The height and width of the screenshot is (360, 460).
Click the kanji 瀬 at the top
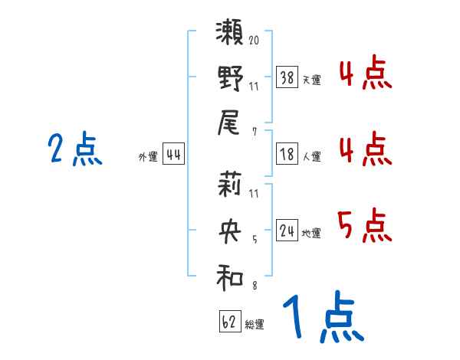pos(231,35)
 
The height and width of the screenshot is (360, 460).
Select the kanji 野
pos(231,78)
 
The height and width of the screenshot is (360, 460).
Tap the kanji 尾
pos(231,123)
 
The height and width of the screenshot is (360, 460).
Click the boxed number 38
pos(287,77)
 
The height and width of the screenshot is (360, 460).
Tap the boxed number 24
pos(287,230)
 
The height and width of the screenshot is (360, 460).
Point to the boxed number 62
pos(229,321)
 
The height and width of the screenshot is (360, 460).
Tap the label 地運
pos(311,233)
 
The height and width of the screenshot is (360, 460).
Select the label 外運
pos(148,157)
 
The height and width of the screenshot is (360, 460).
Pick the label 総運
pos(255,324)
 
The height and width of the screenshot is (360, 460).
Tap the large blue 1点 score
pos(323,318)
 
